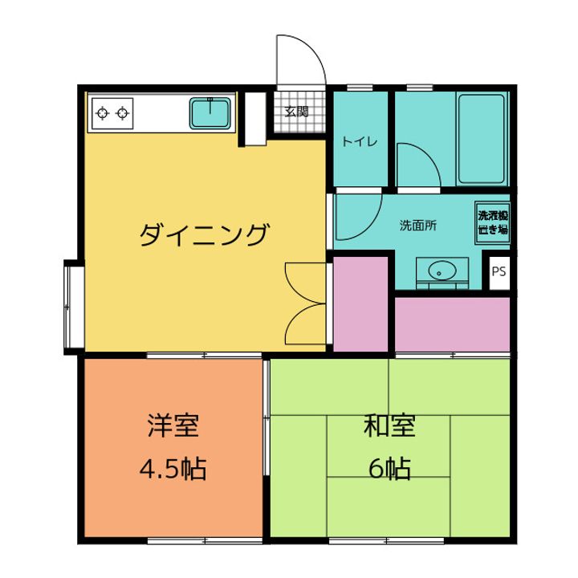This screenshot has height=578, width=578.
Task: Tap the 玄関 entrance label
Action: (x=296, y=112)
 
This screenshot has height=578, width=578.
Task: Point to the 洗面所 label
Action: (x=417, y=226)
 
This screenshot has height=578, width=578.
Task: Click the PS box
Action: (x=499, y=271)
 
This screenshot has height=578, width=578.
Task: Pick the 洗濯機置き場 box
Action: (x=492, y=222)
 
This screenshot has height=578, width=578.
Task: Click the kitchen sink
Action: (x=211, y=113)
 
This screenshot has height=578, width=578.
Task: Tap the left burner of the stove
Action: (x=102, y=113)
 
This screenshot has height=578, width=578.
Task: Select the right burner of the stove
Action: (x=123, y=113)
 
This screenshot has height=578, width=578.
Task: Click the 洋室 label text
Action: (x=173, y=425)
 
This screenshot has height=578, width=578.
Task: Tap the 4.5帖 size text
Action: (x=173, y=468)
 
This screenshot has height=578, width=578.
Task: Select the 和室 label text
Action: (x=389, y=425)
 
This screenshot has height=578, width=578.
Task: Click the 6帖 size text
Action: (x=389, y=468)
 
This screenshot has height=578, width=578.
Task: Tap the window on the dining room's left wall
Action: (x=71, y=305)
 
